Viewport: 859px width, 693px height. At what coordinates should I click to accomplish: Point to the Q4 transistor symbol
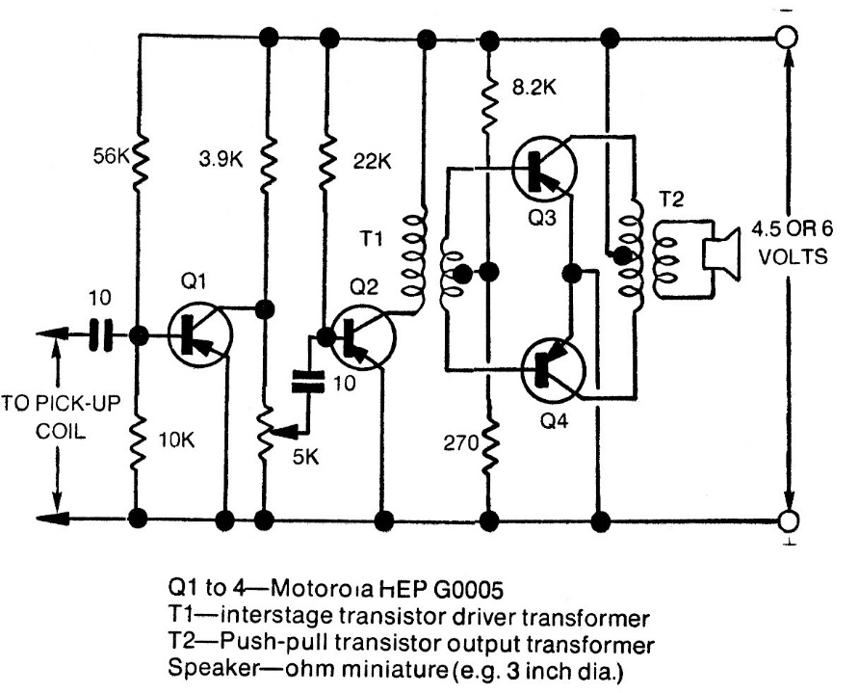click(553, 367)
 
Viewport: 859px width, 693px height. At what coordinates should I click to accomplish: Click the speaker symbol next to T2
click(720, 253)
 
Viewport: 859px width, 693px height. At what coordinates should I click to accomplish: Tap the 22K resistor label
click(372, 163)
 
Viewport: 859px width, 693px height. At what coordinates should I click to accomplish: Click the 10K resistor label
click(175, 441)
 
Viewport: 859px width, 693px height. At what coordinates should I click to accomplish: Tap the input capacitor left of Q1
click(100, 335)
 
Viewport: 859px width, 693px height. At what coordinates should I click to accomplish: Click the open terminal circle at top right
click(788, 39)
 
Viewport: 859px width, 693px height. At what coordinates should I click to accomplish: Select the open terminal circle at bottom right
click(788, 520)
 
